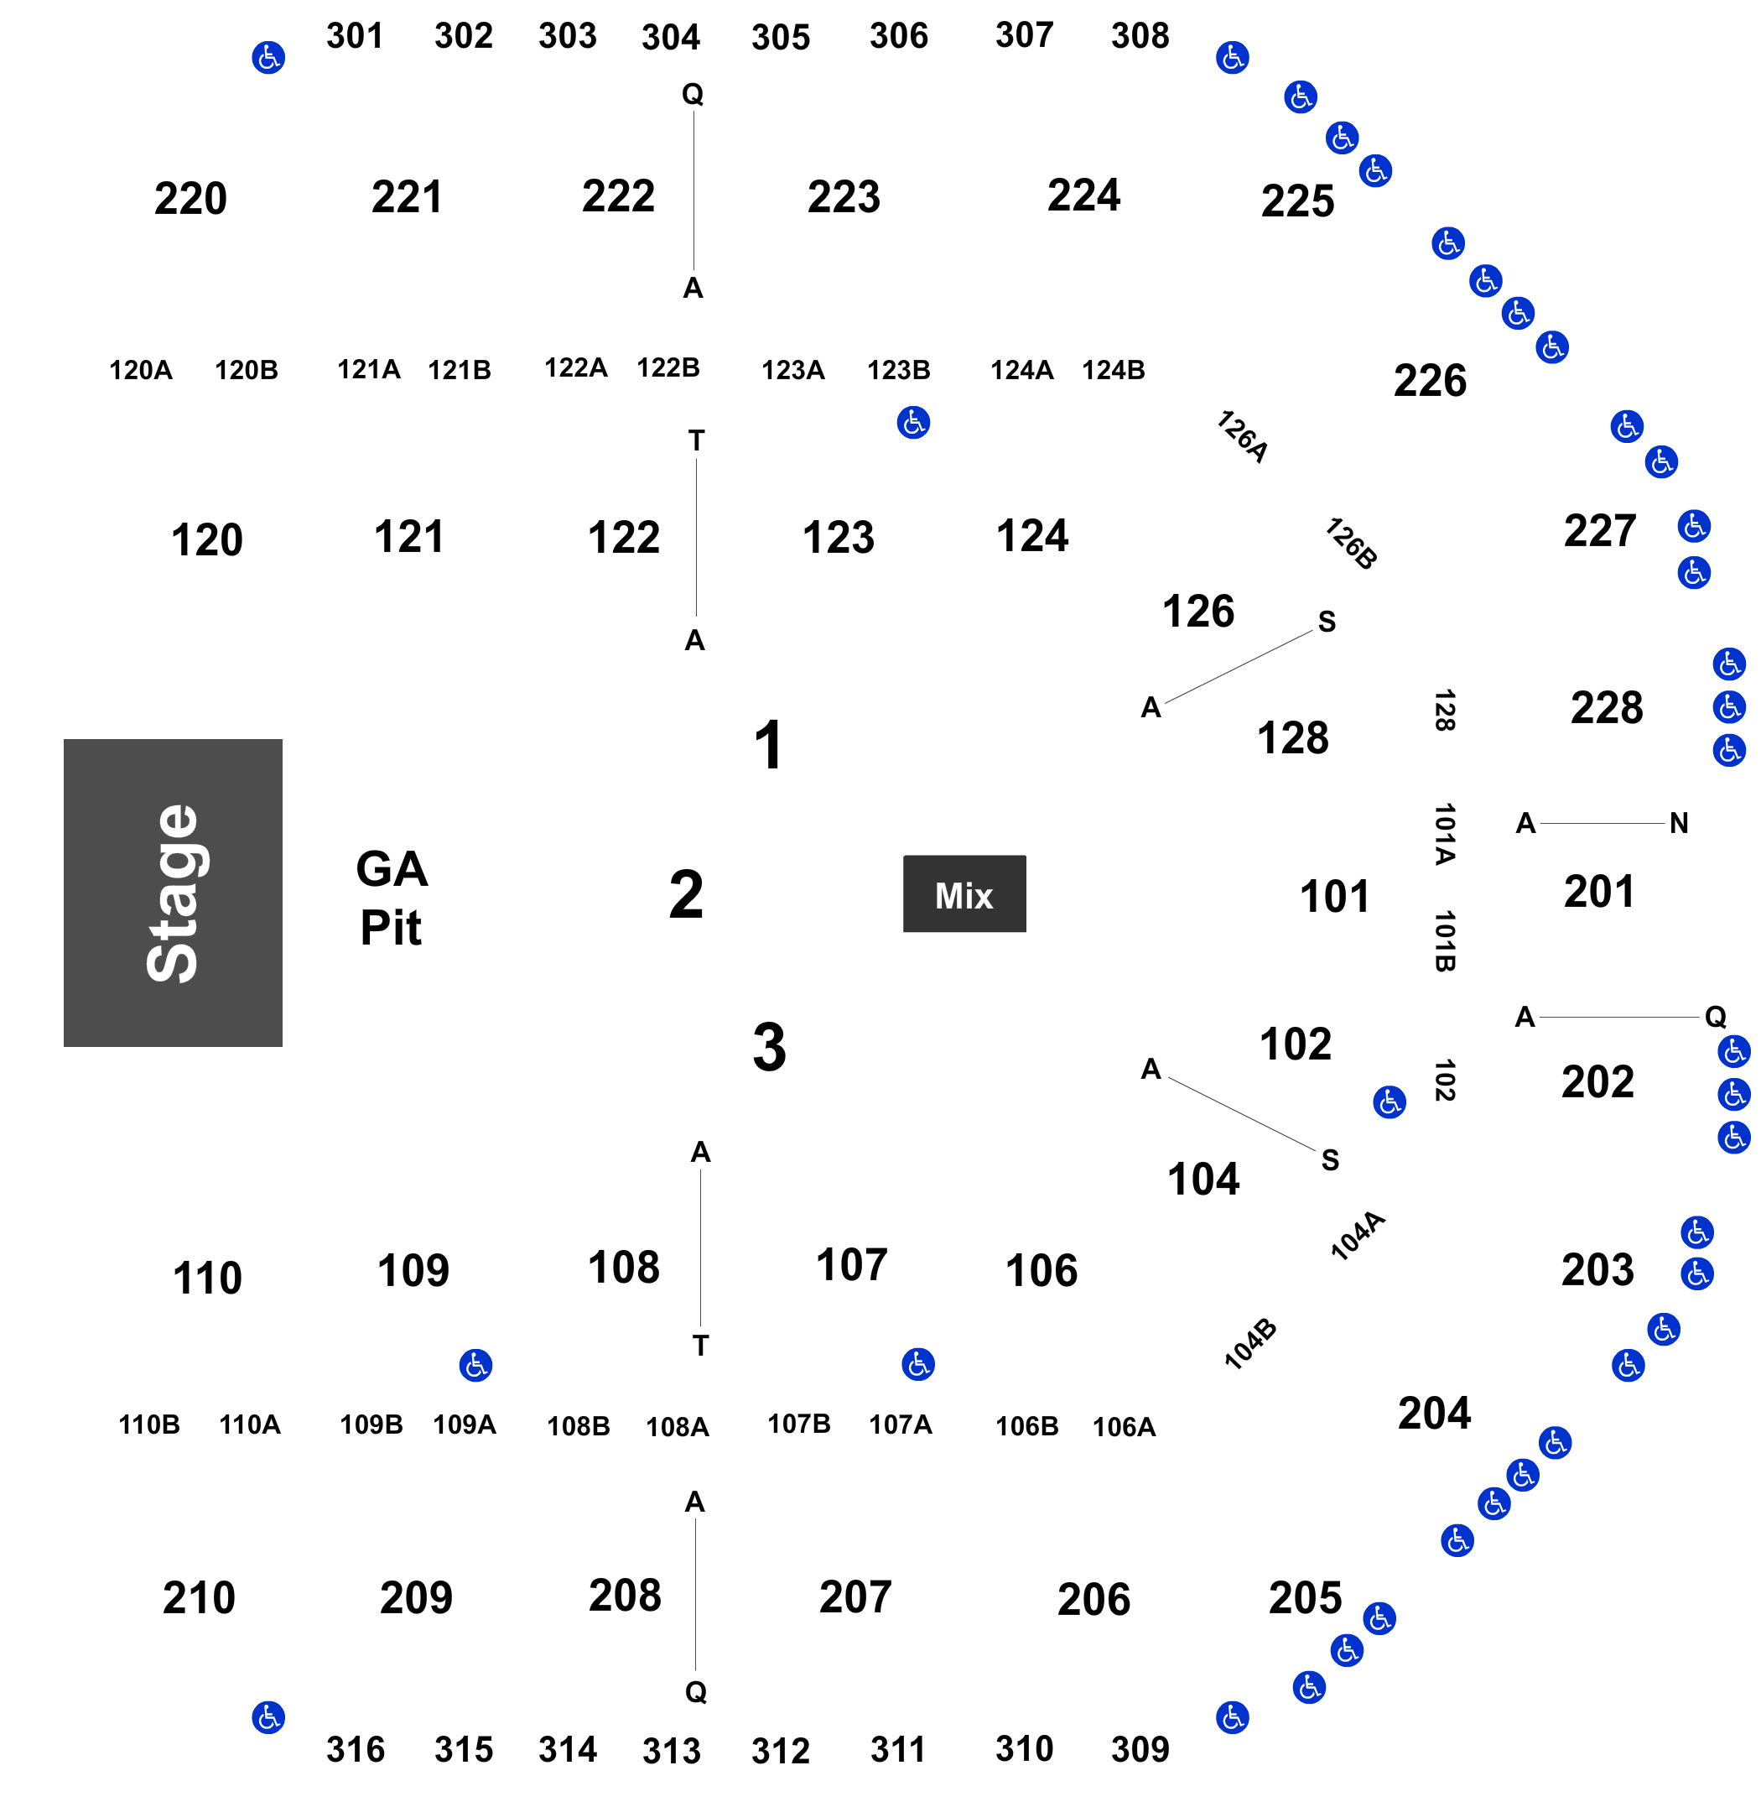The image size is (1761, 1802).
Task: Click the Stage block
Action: (173, 893)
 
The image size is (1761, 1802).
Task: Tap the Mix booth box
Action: (964, 894)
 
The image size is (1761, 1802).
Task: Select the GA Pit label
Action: (392, 898)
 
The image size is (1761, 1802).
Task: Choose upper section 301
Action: (354, 37)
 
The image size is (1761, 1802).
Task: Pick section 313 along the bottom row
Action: (672, 1750)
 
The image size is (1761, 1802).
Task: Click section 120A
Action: (142, 370)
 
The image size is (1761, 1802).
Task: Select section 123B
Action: (899, 370)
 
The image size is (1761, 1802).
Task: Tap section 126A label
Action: (1243, 435)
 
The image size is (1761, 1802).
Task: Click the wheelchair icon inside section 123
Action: (914, 423)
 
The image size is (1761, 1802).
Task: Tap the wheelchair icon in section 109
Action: (475, 1364)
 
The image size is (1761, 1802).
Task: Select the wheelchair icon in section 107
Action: (918, 1363)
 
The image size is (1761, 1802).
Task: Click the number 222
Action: (618, 196)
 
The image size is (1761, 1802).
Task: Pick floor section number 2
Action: (686, 894)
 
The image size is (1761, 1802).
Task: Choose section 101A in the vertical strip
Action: (1446, 832)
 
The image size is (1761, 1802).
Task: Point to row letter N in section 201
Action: (1679, 822)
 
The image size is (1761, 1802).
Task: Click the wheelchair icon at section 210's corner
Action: (268, 1718)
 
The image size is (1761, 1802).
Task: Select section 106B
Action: (1026, 1425)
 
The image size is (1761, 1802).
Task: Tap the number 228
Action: (1607, 708)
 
